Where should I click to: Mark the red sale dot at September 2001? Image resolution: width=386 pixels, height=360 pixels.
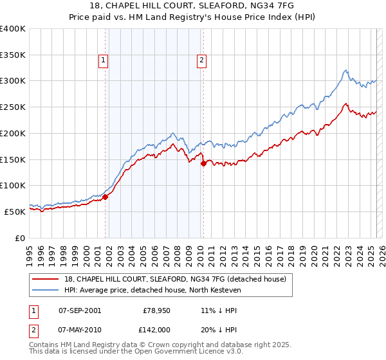click(x=106, y=197)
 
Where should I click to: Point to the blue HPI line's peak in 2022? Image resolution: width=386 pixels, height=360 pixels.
click(x=346, y=70)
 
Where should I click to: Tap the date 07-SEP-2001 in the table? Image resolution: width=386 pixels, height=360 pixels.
click(x=79, y=310)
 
